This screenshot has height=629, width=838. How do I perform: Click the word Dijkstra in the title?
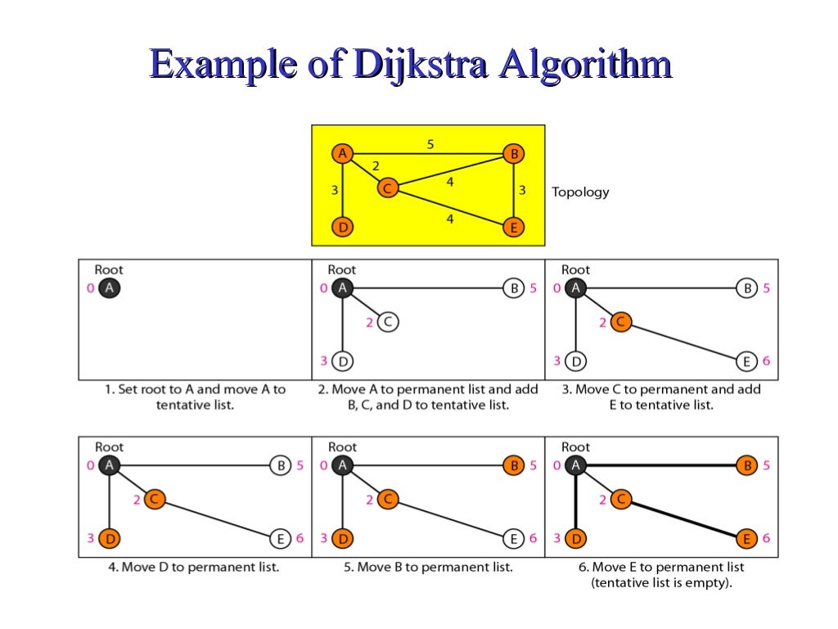click(418, 65)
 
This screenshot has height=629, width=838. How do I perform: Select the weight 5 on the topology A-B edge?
click(430, 144)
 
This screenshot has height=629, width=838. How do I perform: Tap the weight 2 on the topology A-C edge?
click(376, 165)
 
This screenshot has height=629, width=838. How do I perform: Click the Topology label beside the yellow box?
click(580, 192)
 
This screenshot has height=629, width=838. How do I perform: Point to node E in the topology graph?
click(513, 228)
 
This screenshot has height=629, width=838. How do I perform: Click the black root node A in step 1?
click(109, 288)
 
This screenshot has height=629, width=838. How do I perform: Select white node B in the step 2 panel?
click(513, 288)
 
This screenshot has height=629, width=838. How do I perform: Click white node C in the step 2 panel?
click(387, 323)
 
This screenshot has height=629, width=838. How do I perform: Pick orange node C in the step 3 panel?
click(620, 323)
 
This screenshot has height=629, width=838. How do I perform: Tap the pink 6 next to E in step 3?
click(766, 361)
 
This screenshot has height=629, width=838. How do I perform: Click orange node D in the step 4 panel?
click(109, 539)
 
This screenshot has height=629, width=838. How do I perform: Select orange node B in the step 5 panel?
click(513, 466)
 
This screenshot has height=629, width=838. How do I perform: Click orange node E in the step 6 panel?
click(746, 539)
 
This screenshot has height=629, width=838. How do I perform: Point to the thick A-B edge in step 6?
click(663, 466)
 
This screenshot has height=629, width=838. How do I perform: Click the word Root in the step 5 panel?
click(342, 447)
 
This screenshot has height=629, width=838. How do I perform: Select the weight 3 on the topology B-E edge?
click(521, 190)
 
